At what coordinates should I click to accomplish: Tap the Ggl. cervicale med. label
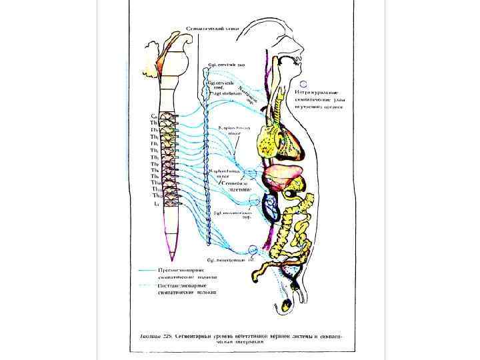pyautogui.click(x=224, y=85)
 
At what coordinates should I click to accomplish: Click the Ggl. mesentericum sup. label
pyautogui.click(x=231, y=216)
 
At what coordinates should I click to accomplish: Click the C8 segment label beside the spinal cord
pyautogui.click(x=154, y=115)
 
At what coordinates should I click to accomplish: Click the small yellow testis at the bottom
pyautogui.click(x=287, y=306)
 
